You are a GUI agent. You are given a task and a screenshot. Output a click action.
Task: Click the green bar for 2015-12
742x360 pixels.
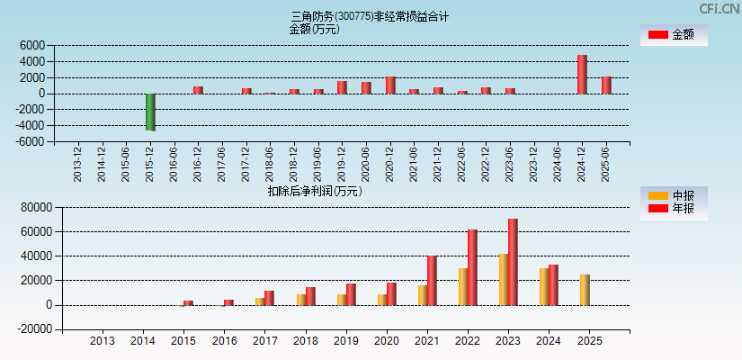pyautogui.click(x=150, y=112)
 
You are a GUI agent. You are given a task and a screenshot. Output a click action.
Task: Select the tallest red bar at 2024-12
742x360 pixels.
pyautogui.click(x=582, y=75)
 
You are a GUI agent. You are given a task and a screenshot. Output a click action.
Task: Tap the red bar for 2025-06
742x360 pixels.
pyautogui.click(x=606, y=85)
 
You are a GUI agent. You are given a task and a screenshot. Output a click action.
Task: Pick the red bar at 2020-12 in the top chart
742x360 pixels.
pyautogui.click(x=390, y=85)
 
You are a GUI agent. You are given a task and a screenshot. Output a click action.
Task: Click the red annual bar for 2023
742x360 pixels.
pyautogui.click(x=513, y=262)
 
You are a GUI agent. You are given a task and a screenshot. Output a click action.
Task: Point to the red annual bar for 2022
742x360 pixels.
pyautogui.click(x=472, y=267)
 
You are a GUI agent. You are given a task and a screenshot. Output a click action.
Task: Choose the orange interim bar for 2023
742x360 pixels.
pyautogui.click(x=504, y=279)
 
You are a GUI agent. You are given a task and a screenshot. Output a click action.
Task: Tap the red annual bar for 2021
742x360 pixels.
pyautogui.click(x=432, y=280)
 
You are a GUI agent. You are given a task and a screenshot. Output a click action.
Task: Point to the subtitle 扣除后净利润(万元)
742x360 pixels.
pyautogui.click(x=314, y=191)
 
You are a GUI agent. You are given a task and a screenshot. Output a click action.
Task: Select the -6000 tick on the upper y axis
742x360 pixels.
pyautogui.click(x=32, y=141)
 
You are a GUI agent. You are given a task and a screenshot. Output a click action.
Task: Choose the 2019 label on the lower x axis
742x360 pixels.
pyautogui.click(x=346, y=341)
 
